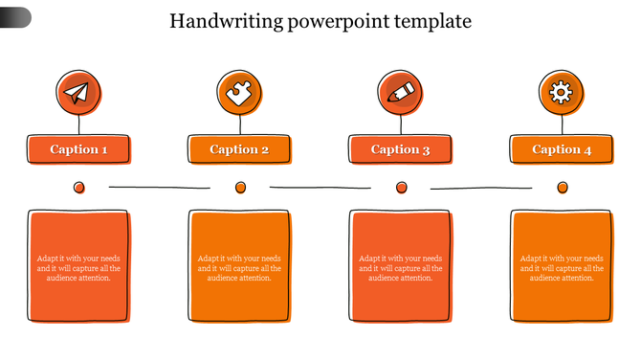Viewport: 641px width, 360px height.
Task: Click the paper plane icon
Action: click(x=78, y=93)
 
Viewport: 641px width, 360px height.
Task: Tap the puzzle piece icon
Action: click(x=239, y=93)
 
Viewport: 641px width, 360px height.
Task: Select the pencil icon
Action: click(x=401, y=93)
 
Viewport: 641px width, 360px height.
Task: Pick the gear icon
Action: click(x=562, y=93)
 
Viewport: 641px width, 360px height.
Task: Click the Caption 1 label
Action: click(x=78, y=149)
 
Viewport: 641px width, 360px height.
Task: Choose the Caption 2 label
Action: click(x=239, y=149)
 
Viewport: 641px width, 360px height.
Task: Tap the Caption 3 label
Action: click(x=401, y=149)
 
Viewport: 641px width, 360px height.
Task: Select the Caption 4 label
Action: click(x=562, y=149)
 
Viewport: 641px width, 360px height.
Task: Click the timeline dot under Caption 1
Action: click(x=79, y=187)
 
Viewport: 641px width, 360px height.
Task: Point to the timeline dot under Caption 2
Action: click(x=240, y=188)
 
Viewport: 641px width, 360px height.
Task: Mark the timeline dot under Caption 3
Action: click(x=401, y=188)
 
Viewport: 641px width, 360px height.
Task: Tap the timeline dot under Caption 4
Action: click(x=563, y=188)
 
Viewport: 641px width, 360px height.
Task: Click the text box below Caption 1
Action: click(x=78, y=266)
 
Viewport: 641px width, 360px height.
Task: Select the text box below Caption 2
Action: click(x=239, y=266)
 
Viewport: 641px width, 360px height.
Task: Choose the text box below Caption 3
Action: click(x=401, y=266)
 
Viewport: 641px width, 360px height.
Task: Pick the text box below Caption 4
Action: click(x=562, y=266)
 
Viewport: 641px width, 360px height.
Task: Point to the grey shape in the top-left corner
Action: click(x=15, y=16)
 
